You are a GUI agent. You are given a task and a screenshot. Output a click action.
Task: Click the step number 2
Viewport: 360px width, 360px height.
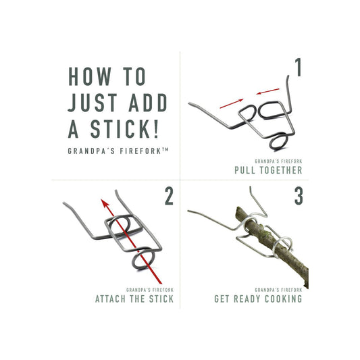169,197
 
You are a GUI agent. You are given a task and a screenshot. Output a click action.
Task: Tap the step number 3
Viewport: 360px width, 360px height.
297,197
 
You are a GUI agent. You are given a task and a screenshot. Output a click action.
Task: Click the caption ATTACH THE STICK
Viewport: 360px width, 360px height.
135,299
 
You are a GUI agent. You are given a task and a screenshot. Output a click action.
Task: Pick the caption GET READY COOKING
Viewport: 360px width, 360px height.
258,299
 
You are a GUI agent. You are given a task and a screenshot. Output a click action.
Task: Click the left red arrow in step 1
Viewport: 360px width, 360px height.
229,103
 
